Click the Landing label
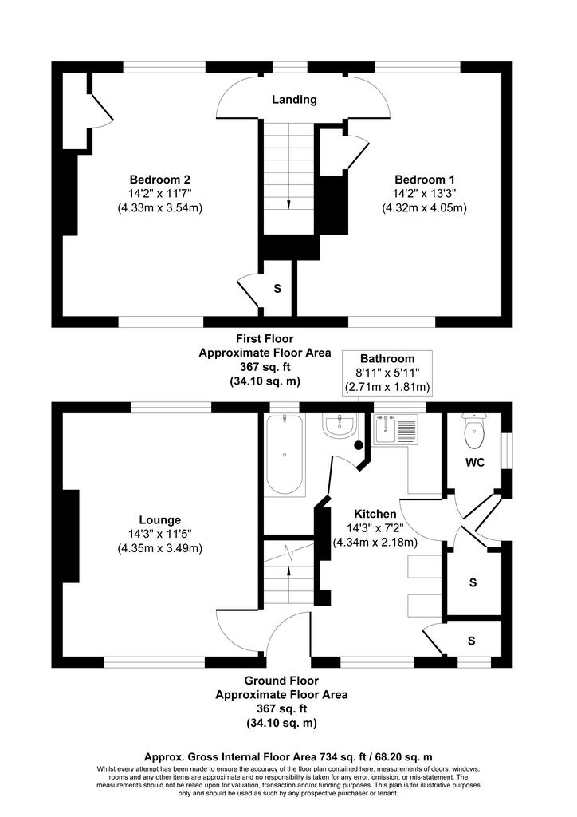294,100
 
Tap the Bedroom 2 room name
159,180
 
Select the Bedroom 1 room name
425,180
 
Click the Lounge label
159,520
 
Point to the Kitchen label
375,515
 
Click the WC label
475,462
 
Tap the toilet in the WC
474,431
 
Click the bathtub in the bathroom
284,455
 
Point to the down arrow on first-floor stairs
288,204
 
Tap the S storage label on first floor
277,288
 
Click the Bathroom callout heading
387,358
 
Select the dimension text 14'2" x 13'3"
425,194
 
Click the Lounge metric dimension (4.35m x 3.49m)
159,548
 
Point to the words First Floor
265,338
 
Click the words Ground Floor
281,681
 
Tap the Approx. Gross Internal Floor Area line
288,757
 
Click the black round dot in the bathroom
359,445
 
